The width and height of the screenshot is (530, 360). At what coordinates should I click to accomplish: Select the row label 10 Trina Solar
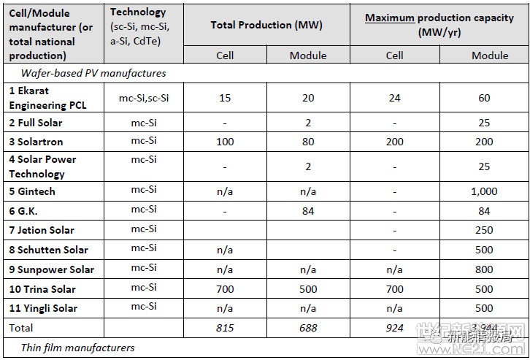(x=42, y=289)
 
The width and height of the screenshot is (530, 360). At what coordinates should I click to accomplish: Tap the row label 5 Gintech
(x=32, y=191)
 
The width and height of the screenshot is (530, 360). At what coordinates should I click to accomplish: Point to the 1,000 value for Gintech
(x=484, y=191)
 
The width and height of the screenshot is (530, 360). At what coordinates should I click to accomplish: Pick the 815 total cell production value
(x=225, y=328)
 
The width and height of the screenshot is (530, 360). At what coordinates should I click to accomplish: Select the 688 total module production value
(x=308, y=328)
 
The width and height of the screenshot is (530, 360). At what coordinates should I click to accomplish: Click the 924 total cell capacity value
(x=394, y=328)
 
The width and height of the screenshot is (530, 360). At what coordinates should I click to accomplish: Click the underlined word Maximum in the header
(x=390, y=18)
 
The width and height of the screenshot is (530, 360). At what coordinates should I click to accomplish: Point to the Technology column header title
(x=138, y=12)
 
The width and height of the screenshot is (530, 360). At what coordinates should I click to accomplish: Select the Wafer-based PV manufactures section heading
(x=93, y=73)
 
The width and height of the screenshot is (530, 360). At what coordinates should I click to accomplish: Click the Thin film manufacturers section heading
(x=77, y=348)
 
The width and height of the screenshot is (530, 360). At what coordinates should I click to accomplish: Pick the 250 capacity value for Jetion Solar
(x=484, y=230)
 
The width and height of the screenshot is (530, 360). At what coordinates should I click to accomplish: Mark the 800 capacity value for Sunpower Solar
(x=484, y=269)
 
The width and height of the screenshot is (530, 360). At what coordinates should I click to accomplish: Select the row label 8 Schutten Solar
(x=48, y=250)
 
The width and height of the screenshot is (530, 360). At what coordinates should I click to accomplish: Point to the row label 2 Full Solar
(x=36, y=123)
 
